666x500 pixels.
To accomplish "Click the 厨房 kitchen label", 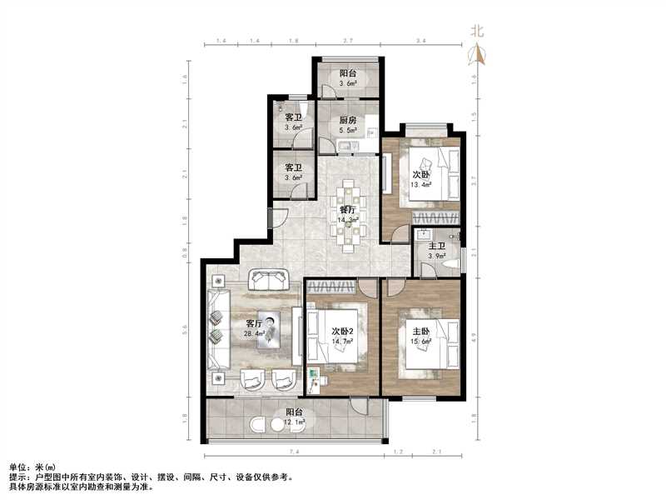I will (x=348, y=120).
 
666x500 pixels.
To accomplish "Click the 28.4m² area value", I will (x=254, y=334).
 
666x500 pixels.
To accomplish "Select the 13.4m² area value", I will (x=420, y=184).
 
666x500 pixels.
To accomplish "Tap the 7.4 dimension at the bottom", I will (x=294, y=451).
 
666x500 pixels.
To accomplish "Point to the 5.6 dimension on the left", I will (x=185, y=327).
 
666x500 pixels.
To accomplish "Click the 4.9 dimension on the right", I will (x=474, y=337).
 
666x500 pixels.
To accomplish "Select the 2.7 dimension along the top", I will (x=347, y=41).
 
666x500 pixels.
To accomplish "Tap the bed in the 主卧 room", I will (x=429, y=344).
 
